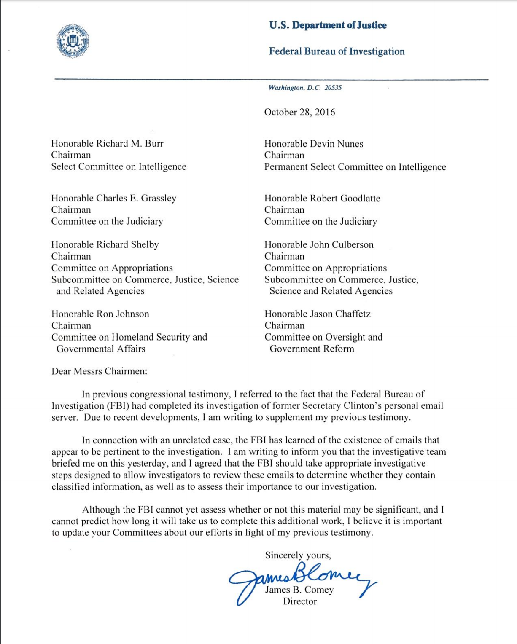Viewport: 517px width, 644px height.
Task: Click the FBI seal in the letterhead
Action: (73, 41)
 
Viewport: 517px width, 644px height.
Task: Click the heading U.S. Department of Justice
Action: (328, 25)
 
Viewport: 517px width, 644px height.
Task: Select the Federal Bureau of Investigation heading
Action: (337, 51)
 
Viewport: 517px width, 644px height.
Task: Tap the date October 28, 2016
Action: (299, 112)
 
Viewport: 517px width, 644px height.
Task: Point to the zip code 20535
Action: (333, 88)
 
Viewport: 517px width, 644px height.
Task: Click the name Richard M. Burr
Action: (130, 144)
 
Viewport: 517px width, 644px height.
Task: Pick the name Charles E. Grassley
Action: (136, 198)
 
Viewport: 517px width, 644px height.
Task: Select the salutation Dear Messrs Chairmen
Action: (100, 371)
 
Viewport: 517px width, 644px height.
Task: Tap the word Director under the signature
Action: (299, 601)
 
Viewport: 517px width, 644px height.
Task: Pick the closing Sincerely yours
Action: (298, 555)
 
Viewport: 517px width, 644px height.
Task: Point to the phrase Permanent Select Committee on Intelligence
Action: (355, 167)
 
